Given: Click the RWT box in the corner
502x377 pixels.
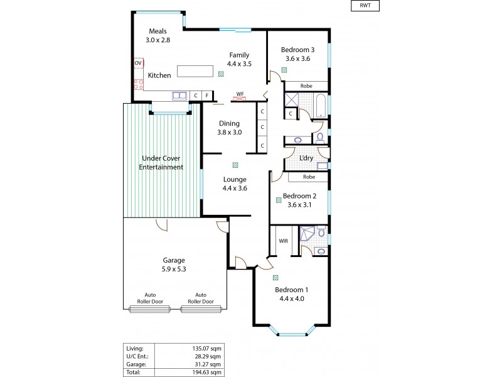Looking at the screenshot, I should tap(365, 7).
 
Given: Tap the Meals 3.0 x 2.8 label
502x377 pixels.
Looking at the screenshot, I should tap(158, 35).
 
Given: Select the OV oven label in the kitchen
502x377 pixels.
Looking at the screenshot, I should tap(138, 63).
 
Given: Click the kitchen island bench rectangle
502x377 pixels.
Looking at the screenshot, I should tap(195, 70).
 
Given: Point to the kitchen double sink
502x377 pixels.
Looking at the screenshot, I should tap(179, 96).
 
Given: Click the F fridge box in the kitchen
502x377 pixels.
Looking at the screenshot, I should tap(206, 96).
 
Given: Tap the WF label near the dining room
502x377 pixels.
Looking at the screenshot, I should tap(240, 95).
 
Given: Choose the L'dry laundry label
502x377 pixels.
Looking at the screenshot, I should tap(306, 158).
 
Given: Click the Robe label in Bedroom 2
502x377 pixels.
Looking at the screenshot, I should tap(309, 177).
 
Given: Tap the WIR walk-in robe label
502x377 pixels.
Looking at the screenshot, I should tap(282, 239).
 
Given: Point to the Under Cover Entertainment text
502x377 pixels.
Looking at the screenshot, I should tap(161, 163).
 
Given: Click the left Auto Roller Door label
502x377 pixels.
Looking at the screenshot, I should tap(151, 298).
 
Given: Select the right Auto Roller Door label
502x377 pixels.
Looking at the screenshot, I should tap(201, 298).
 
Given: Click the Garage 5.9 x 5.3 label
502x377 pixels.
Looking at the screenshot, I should tap(174, 265).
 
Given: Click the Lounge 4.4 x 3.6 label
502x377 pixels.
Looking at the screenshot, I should tap(235, 183).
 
